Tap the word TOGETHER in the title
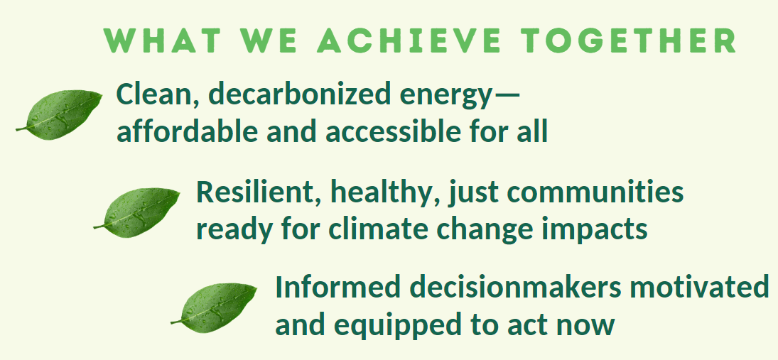(x=627, y=41)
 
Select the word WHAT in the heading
(x=161, y=41)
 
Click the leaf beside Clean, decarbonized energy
(x=59, y=115)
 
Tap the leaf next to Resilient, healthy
(x=136, y=212)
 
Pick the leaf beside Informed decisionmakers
(x=214, y=307)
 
